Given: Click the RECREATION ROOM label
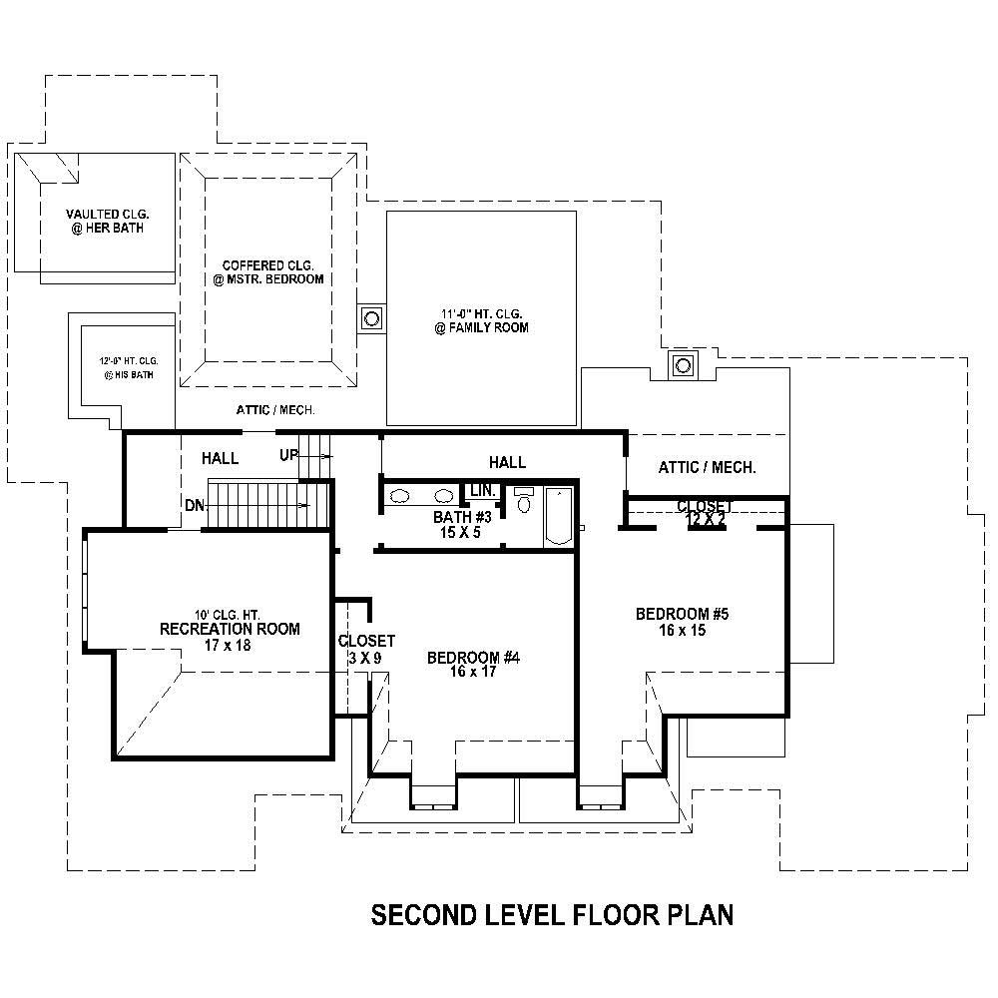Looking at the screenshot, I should pyautogui.click(x=230, y=629).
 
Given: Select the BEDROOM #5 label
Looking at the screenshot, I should pyautogui.click(x=683, y=614).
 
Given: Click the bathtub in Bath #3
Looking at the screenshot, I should pyautogui.click(x=559, y=516).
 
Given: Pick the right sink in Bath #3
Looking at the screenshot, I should pyautogui.click(x=443, y=495).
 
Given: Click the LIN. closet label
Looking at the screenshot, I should pyautogui.click(x=483, y=491).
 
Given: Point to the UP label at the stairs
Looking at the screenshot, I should pyautogui.click(x=288, y=455).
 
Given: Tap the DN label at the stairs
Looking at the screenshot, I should pyautogui.click(x=195, y=505).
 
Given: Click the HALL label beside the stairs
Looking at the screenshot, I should pyautogui.click(x=220, y=458).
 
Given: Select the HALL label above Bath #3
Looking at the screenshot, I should pyautogui.click(x=507, y=462).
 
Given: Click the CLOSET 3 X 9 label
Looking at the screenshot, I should pyautogui.click(x=366, y=641).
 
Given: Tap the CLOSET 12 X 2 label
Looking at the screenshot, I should pyautogui.click(x=705, y=507).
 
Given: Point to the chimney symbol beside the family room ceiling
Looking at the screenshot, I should pyautogui.click(x=372, y=319).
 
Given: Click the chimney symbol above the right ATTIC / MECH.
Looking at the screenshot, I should pyautogui.click(x=684, y=364).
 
